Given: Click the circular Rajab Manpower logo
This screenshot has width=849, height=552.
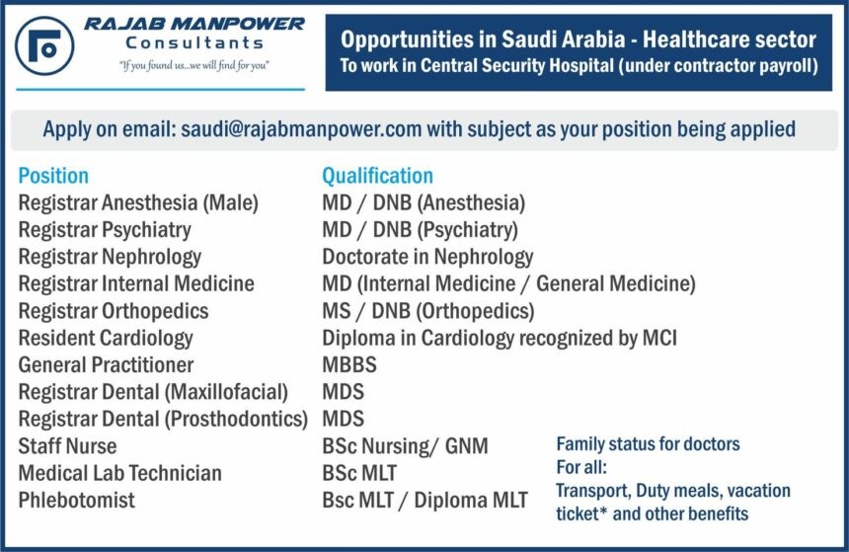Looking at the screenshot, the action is [x=44, y=46].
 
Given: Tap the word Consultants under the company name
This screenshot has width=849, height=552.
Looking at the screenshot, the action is [x=194, y=42].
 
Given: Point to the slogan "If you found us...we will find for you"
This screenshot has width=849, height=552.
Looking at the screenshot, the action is [x=194, y=65].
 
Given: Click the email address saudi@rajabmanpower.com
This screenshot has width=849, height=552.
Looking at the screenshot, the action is [x=301, y=129].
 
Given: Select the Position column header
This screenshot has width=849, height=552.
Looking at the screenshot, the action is [x=53, y=176].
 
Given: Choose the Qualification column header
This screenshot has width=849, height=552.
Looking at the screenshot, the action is [x=377, y=176].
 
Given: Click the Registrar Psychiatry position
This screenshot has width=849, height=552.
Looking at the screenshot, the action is [x=105, y=230].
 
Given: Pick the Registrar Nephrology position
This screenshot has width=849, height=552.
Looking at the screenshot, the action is [x=110, y=257].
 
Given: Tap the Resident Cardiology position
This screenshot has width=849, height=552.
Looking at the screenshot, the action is [x=106, y=338].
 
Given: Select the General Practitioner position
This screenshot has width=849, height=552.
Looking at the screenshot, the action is [x=107, y=364].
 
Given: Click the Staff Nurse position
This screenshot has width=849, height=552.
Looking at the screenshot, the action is [x=68, y=445].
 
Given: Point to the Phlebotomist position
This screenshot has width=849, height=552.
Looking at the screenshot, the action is [x=76, y=500].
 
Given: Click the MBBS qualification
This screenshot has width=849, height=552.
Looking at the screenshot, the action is [x=349, y=364].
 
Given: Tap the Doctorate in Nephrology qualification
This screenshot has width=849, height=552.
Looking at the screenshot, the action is [x=427, y=257].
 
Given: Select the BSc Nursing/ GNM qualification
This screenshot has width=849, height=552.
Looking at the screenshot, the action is [x=405, y=445].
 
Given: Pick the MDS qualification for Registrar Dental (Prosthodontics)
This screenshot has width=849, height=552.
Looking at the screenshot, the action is [x=344, y=419].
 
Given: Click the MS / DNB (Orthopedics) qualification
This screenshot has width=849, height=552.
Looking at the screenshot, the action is [x=428, y=311].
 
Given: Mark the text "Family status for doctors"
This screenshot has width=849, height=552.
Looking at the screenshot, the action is [x=648, y=444].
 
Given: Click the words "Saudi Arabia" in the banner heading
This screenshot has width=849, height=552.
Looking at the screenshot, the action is [x=563, y=39].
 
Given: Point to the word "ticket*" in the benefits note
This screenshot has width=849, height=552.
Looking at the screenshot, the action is [x=581, y=513].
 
